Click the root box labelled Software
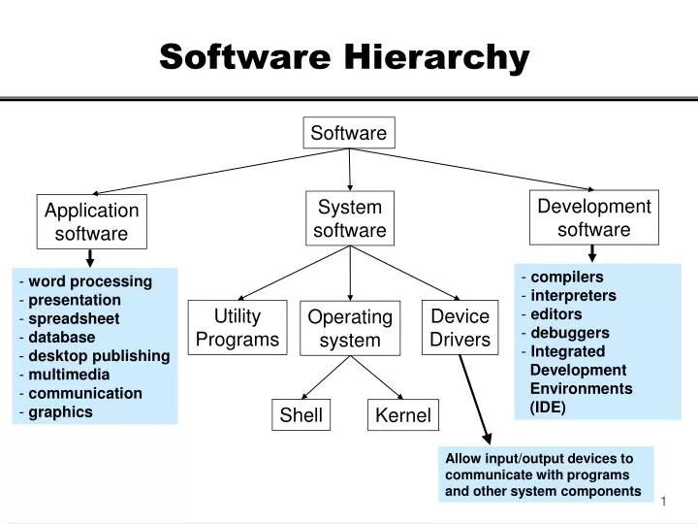pyautogui.click(x=349, y=133)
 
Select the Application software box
pyautogui.click(x=92, y=221)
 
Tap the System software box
pyautogui.click(x=350, y=218)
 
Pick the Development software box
pyautogui.click(x=594, y=217)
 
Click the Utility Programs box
pyautogui.click(x=238, y=327)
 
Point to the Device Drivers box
pyautogui.click(x=460, y=328)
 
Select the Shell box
pyautogui.click(x=301, y=416)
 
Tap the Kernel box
pyautogui.click(x=403, y=416)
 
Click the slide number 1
pyautogui.click(x=665, y=500)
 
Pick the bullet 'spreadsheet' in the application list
pyautogui.click(x=74, y=318)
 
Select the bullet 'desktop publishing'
pyautogui.click(x=99, y=355)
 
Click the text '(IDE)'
pyautogui.click(x=548, y=407)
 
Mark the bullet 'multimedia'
pyautogui.click(x=69, y=374)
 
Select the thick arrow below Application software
pyautogui.click(x=90, y=257)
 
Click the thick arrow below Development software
pyautogui.click(x=592, y=252)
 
